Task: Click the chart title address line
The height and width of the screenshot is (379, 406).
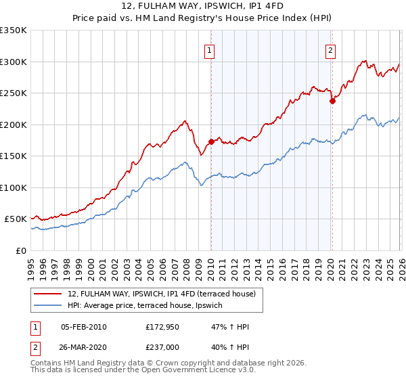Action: (202, 7)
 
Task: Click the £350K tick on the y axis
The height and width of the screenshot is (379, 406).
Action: (14, 30)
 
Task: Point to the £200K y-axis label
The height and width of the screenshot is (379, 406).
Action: (14, 125)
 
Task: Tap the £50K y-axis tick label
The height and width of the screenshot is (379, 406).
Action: (16, 219)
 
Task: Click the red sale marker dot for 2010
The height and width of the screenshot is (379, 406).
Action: (211, 141)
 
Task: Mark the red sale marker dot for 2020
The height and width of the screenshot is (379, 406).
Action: (332, 102)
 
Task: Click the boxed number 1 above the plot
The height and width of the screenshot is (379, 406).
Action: (210, 50)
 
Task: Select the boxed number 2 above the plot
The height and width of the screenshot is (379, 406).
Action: (331, 50)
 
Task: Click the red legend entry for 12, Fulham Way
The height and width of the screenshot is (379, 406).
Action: (161, 294)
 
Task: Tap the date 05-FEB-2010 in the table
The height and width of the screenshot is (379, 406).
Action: (84, 327)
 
